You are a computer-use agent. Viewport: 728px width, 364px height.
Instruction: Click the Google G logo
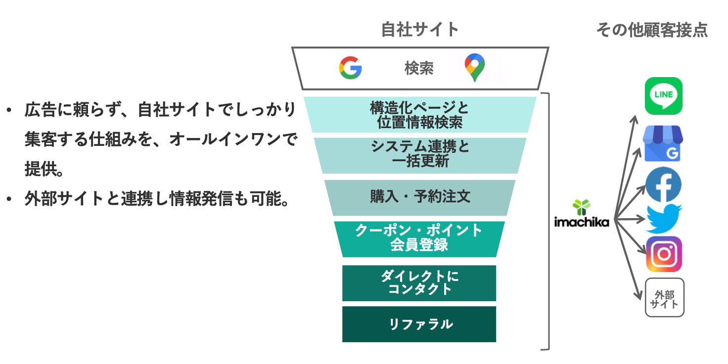click(x=350, y=68)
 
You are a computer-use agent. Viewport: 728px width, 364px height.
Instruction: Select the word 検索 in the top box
click(x=419, y=68)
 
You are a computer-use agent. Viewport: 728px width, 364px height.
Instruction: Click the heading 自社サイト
click(x=420, y=30)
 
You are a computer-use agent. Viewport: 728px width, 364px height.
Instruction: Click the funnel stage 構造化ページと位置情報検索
click(x=419, y=114)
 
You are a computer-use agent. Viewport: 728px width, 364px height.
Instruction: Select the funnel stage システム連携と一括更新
click(x=419, y=155)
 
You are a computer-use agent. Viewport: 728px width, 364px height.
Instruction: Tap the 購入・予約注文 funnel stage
click(x=420, y=197)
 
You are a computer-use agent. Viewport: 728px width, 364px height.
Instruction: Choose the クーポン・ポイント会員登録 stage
click(x=419, y=238)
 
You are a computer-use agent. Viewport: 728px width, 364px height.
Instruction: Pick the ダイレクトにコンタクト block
click(x=419, y=283)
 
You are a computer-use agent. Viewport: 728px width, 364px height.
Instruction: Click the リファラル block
click(x=419, y=324)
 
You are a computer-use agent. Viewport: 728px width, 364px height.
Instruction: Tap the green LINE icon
click(x=663, y=96)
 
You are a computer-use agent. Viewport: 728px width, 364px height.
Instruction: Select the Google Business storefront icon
click(x=663, y=143)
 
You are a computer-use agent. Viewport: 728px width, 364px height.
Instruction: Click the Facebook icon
click(x=663, y=185)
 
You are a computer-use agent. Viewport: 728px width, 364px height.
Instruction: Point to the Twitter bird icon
click(x=663, y=218)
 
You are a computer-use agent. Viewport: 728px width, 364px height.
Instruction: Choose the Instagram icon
click(x=664, y=254)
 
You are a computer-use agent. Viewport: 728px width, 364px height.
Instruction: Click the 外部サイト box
click(x=664, y=297)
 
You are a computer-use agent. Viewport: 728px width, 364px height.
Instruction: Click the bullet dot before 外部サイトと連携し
click(x=8, y=200)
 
